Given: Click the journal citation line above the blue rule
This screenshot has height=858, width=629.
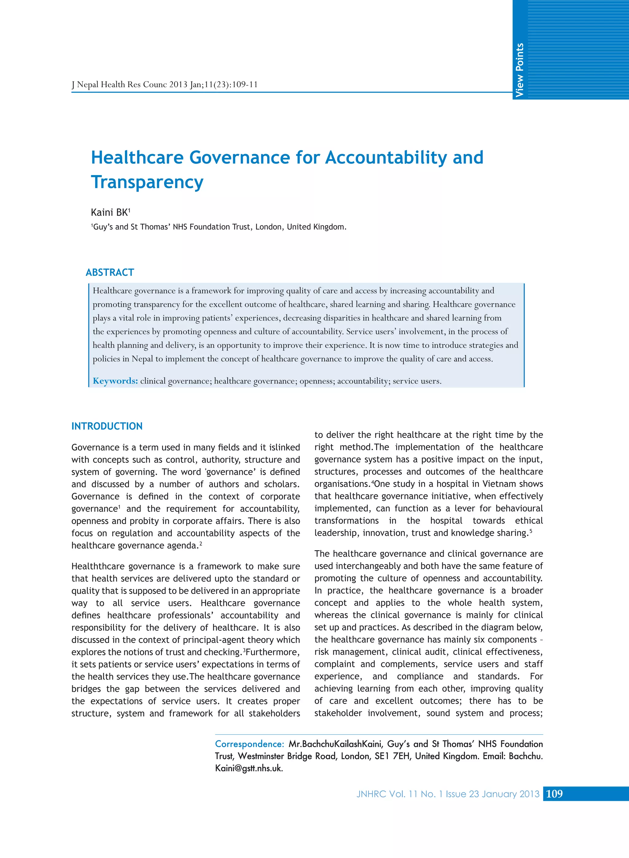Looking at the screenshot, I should coord(165,84).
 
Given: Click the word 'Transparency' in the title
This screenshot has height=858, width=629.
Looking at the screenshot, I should coord(147,182).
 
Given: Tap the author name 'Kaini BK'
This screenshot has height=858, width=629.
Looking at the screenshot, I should coord(110,212).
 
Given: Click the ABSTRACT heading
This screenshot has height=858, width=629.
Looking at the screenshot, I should coord(110,272).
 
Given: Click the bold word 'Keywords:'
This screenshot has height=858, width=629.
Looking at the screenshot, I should coord(115,381).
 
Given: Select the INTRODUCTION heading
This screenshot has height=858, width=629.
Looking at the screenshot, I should coord(107,426).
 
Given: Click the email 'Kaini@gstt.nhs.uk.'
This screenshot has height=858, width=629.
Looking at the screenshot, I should coord(249,768).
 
